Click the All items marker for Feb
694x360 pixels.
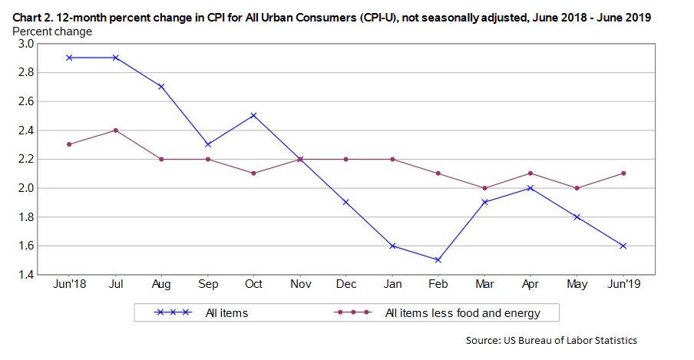[x=438, y=260]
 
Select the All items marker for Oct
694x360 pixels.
[x=253, y=115]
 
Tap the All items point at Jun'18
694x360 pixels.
[x=69, y=58]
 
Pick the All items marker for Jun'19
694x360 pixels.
[x=623, y=246]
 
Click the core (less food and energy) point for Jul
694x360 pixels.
[x=115, y=130]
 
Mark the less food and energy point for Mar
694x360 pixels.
[x=484, y=188]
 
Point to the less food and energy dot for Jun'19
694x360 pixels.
[x=623, y=173]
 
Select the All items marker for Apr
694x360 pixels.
[x=530, y=188]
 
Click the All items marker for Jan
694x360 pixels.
[x=392, y=246]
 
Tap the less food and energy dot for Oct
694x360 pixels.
[x=253, y=173]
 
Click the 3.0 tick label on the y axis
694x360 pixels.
[x=25, y=44]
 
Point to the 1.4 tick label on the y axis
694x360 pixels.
[x=25, y=275]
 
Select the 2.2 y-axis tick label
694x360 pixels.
[x=25, y=159]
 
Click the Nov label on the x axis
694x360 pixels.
[x=299, y=285]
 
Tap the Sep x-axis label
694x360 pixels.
[x=207, y=285]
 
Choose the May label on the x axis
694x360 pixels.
[x=577, y=285]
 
